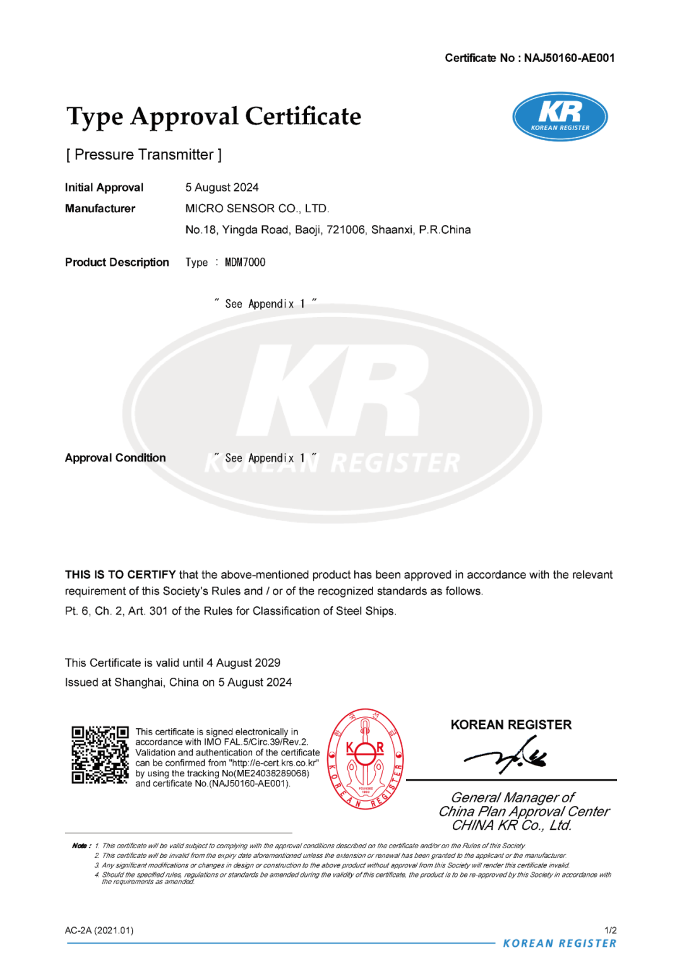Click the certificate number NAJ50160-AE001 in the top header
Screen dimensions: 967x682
(x=569, y=58)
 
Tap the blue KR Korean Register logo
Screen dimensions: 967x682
(x=560, y=116)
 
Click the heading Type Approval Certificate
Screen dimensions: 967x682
(x=214, y=117)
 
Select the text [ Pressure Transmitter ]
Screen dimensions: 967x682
(x=144, y=155)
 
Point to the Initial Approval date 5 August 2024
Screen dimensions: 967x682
(x=222, y=188)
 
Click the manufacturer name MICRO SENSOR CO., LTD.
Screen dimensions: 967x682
(x=257, y=208)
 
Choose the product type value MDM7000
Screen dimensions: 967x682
(x=245, y=262)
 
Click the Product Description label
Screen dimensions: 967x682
(x=117, y=262)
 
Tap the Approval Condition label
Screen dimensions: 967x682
(x=115, y=458)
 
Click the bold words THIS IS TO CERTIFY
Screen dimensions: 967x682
(x=120, y=575)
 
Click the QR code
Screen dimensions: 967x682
(x=100, y=755)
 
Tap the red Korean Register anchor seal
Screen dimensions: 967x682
(x=366, y=758)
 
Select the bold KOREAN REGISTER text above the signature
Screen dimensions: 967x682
(x=511, y=724)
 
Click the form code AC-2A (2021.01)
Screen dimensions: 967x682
(x=99, y=930)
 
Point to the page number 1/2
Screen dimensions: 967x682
(x=610, y=930)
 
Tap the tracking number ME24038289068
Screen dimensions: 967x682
(x=272, y=773)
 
